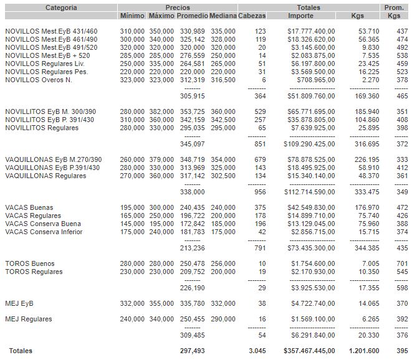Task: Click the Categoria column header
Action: (60, 7)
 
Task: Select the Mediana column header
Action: (223, 16)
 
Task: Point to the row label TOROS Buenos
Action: (30, 264)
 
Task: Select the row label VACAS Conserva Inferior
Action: (44, 232)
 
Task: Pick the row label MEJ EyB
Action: (19, 304)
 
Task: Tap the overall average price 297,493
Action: (191, 351)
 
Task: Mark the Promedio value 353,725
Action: (191, 111)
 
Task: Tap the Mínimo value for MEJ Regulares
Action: (132, 320)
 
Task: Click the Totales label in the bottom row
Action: (19, 351)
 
